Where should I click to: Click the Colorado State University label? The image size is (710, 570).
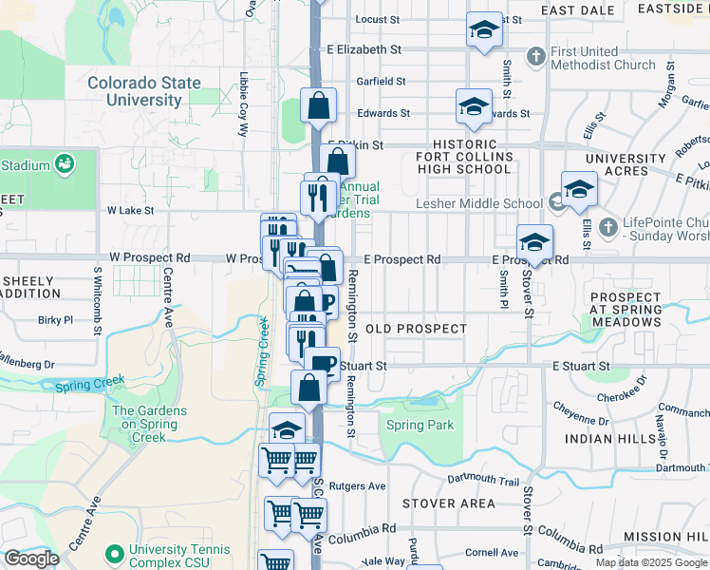(x=145, y=91)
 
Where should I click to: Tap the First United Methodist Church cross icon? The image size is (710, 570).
(x=536, y=56)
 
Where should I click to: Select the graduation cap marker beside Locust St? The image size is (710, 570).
(x=484, y=29)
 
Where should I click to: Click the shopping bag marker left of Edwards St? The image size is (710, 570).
(x=319, y=105)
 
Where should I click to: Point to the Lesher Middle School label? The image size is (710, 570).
(x=479, y=203)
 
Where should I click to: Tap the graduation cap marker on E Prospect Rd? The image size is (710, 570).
(x=535, y=242)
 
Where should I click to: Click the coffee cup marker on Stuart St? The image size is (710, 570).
(x=322, y=364)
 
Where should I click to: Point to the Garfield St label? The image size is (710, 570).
(x=381, y=82)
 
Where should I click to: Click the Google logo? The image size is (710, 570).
(x=31, y=559)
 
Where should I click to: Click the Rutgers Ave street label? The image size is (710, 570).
(x=359, y=485)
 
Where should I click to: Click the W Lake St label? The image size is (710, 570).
(x=130, y=210)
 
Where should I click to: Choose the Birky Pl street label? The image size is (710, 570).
(x=55, y=320)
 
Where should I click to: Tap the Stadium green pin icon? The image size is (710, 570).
(x=65, y=164)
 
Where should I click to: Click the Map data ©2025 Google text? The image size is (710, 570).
(x=650, y=562)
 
